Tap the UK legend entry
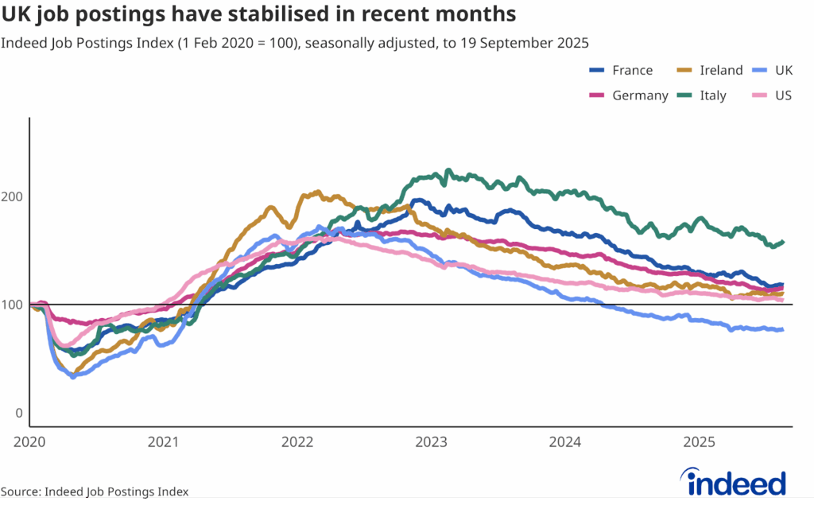pos(783,70)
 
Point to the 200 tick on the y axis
pos(16,196)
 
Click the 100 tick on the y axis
pos(16,305)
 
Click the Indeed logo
pos(735,483)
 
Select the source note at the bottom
pos(95,492)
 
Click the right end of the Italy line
pos(784,242)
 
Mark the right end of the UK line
pos(783,329)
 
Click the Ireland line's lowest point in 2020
pos(76,374)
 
